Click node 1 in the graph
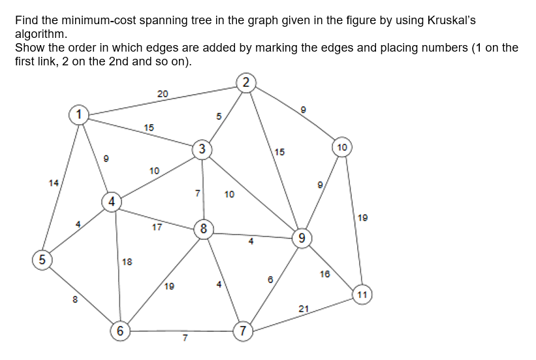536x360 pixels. [79, 115]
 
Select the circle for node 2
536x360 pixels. [245, 82]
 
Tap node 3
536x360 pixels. [202, 150]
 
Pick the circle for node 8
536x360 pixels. [204, 229]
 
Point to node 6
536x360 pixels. [119, 331]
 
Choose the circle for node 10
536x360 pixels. [343, 146]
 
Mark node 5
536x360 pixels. [42, 259]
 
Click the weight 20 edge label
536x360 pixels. [163, 94]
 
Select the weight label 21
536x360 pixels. [303, 308]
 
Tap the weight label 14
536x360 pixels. [54, 182]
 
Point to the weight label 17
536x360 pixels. [157, 227]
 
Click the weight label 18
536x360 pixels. [127, 262]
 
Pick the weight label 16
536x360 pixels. [325, 274]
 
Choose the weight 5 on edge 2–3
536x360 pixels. [219, 116]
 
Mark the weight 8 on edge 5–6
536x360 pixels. [75, 300]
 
